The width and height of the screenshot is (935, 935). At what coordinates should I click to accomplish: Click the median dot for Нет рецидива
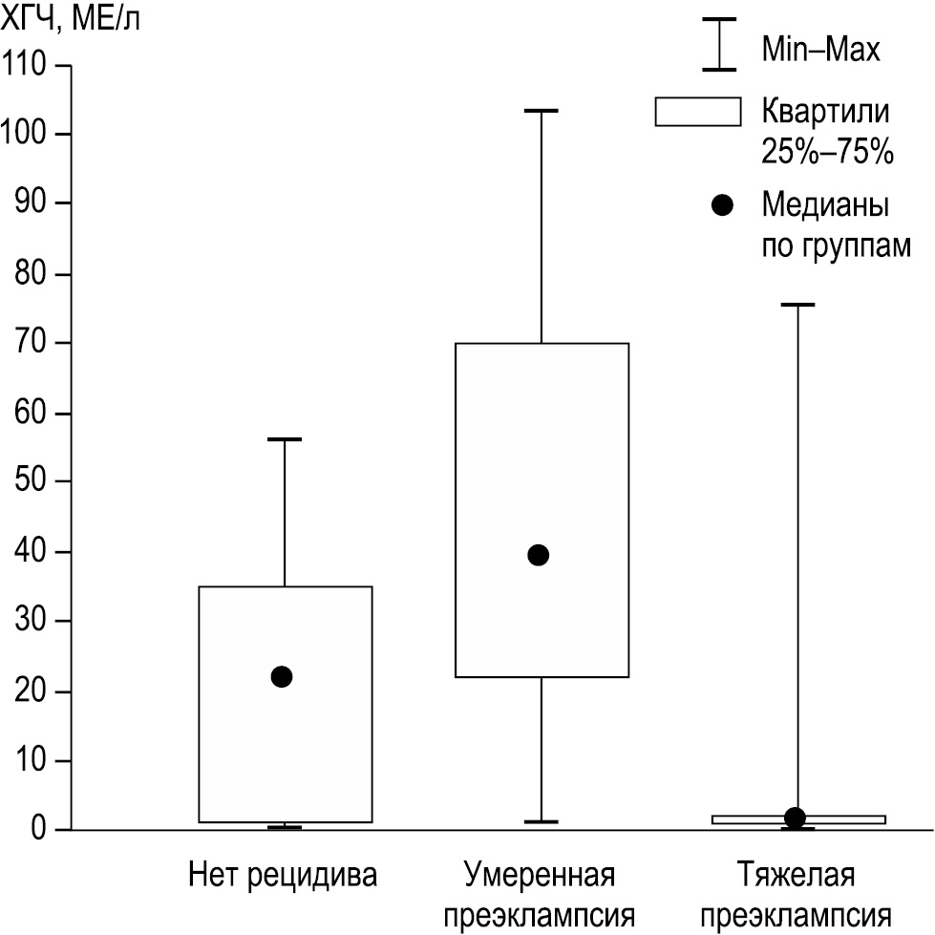282,676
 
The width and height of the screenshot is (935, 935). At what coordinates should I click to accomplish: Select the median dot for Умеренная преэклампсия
539,555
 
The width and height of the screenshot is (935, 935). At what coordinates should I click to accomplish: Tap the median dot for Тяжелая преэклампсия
795,818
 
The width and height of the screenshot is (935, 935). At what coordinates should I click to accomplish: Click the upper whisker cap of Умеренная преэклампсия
541,111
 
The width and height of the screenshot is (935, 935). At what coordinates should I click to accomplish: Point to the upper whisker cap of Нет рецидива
284,439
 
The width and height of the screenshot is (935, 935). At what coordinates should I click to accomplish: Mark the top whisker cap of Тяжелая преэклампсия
797,305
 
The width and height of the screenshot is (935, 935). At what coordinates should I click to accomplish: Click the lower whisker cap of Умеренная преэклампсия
541,821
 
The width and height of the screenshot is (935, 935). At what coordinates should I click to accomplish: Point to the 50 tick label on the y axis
32,481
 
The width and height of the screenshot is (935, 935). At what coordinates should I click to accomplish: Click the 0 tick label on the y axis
38,830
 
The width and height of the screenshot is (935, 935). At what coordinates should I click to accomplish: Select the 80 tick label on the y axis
32,274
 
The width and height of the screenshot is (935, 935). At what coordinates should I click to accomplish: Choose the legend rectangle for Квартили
698,112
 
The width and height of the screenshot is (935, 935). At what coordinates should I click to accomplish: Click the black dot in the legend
723,204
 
